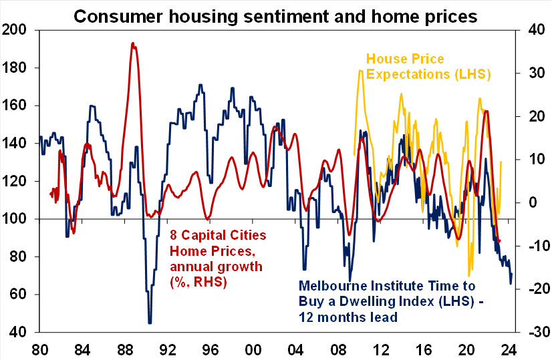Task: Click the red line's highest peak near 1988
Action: pyautogui.click(x=133, y=43)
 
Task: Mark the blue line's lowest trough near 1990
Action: pyautogui.click(x=150, y=323)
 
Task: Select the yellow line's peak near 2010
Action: pyautogui.click(x=360, y=69)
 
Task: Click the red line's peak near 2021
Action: pyautogui.click(x=486, y=111)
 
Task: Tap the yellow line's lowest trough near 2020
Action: pyautogui.click(x=469, y=275)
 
